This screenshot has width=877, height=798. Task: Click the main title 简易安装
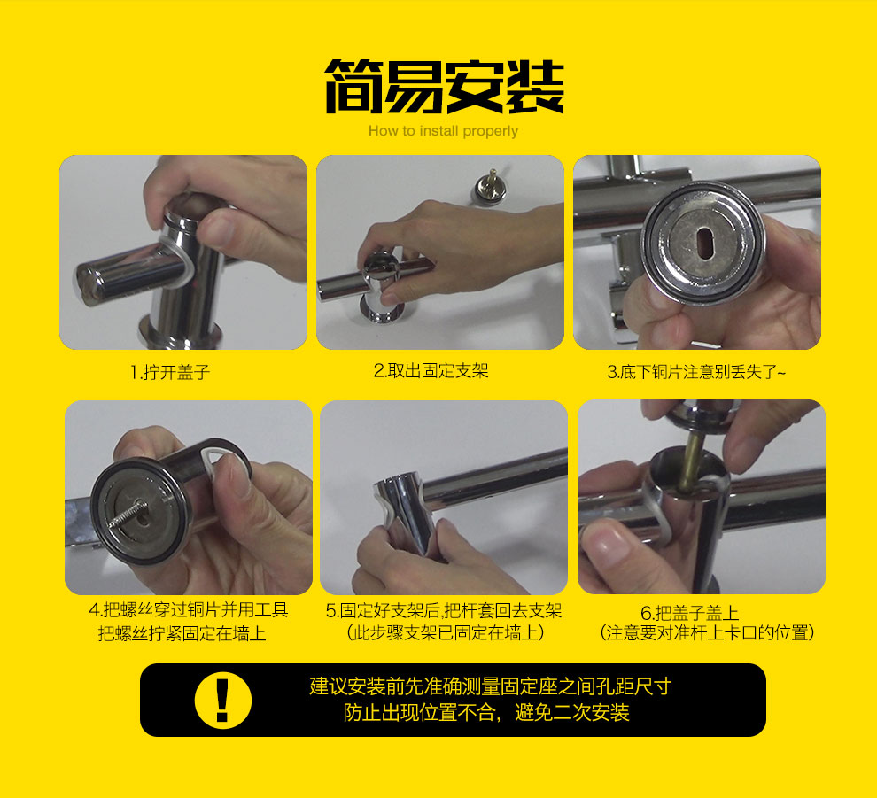[x=444, y=87]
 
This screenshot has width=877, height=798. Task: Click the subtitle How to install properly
[x=443, y=131]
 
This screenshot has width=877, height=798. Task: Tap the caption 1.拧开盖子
[x=170, y=372]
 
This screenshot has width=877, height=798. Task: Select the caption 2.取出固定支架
[x=431, y=371]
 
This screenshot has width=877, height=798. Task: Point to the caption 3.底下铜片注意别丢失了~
[x=696, y=372]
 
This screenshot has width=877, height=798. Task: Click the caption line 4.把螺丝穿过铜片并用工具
[x=188, y=609]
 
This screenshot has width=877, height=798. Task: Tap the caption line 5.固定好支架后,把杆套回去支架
[x=444, y=610]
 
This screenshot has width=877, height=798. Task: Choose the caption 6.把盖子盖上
[x=689, y=613]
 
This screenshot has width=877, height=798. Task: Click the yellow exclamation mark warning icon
[x=222, y=701]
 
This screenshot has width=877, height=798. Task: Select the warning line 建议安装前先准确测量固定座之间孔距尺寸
[x=491, y=686]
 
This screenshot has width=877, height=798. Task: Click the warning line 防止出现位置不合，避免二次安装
[x=486, y=712]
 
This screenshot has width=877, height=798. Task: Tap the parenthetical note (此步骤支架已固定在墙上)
[x=446, y=632]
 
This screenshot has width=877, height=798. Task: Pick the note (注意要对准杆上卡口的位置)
[x=707, y=633]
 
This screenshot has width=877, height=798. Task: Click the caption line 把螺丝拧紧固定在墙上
[x=182, y=633]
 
